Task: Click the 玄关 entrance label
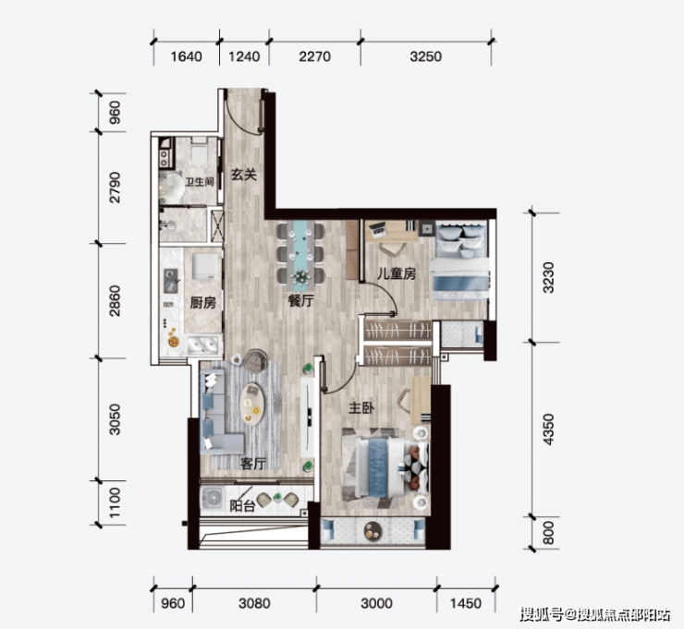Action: (243, 175)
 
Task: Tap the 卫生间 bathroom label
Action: (199, 181)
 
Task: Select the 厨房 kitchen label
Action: (202, 303)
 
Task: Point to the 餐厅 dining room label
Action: (300, 300)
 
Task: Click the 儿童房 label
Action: (397, 273)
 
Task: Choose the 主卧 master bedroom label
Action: (361, 407)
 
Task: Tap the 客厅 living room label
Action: (252, 464)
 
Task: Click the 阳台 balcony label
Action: (241, 505)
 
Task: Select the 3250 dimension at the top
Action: (425, 56)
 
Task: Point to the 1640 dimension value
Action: (186, 56)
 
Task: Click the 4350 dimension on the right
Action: (548, 429)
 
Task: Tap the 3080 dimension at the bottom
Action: (254, 603)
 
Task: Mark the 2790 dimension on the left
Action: (115, 187)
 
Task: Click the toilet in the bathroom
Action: (200, 151)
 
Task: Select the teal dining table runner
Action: (301, 255)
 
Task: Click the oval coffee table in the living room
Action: (252, 405)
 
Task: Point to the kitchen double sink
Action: (203, 345)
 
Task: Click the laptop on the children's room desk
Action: (377, 227)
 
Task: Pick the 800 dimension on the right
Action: (548, 532)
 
